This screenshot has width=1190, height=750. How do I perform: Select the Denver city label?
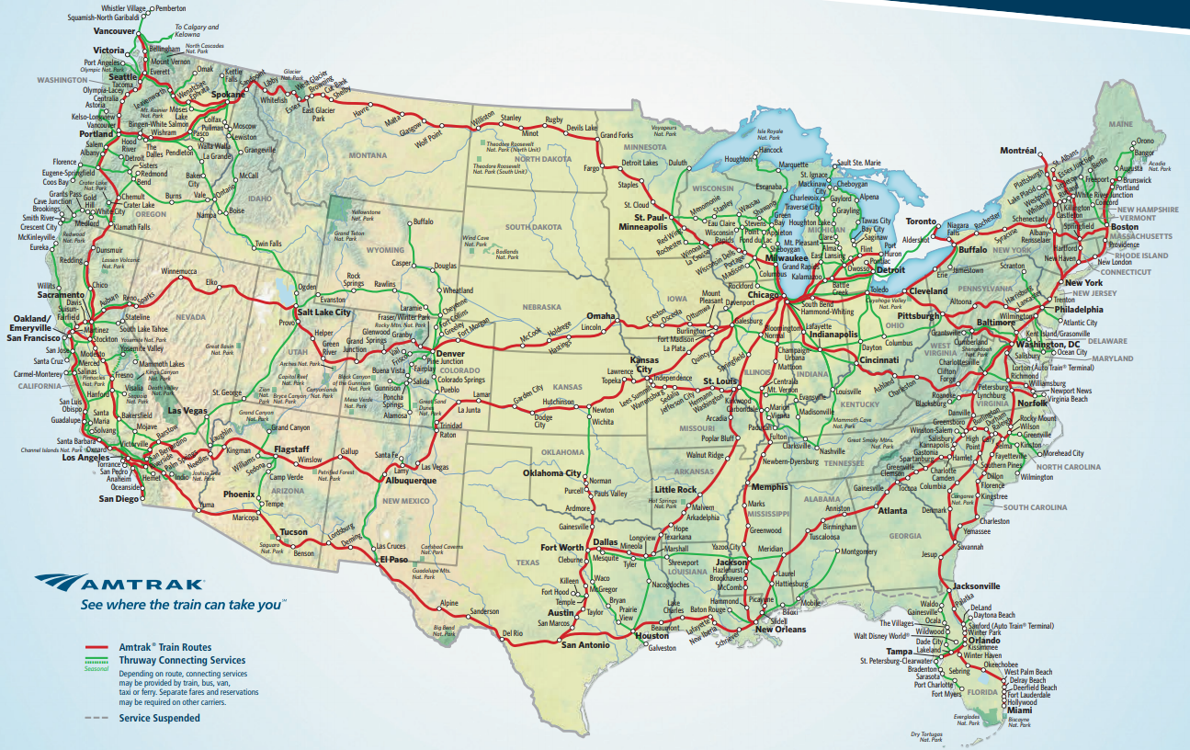coord(450,354)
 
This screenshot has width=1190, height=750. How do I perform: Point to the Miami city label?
coord(1018,710)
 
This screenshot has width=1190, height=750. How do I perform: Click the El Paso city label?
coord(392,559)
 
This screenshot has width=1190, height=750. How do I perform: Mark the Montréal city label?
coord(1018,150)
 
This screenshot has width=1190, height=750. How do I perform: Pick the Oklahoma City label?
coord(551,473)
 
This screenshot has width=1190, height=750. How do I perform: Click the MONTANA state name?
coord(368,155)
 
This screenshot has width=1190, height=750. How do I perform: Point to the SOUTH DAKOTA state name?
coord(531,226)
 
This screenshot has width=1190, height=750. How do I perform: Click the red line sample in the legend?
coord(97,648)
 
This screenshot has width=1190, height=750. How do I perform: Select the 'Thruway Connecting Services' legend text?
coord(182,660)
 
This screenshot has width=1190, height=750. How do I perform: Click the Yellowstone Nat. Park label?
coord(364,214)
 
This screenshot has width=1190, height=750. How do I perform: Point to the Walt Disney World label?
coord(881,635)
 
